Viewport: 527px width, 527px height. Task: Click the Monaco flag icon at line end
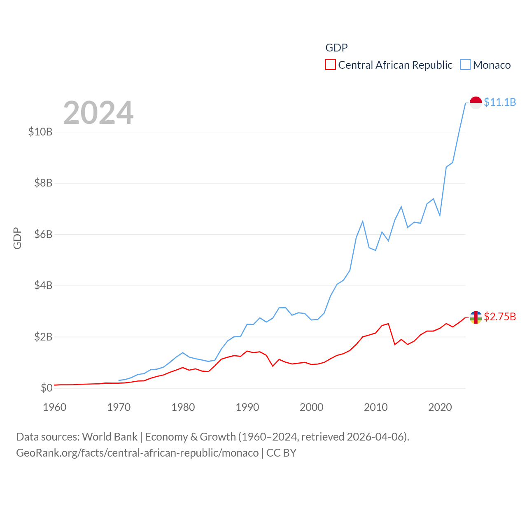click(x=476, y=103)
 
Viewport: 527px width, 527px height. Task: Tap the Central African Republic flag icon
click(x=476, y=317)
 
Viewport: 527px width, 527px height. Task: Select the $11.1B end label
click(x=500, y=102)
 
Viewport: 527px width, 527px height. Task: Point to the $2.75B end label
click(x=500, y=317)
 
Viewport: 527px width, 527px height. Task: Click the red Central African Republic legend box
click(x=330, y=65)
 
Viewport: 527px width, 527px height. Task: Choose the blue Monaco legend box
click(x=465, y=65)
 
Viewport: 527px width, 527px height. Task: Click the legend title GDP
click(x=336, y=48)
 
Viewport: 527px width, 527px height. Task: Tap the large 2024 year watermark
click(x=98, y=112)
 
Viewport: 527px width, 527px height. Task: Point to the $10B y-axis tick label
click(x=40, y=132)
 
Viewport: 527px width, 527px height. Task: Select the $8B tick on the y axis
click(x=43, y=183)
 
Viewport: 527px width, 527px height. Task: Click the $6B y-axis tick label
click(x=43, y=234)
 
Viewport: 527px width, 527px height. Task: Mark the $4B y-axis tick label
click(x=43, y=285)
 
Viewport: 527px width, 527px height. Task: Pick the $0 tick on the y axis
click(x=47, y=388)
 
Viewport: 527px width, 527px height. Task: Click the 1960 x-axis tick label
click(x=55, y=407)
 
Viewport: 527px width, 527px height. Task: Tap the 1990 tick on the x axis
click(x=247, y=407)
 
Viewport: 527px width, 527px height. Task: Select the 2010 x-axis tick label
click(x=376, y=407)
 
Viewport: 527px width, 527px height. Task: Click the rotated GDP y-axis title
click(x=17, y=238)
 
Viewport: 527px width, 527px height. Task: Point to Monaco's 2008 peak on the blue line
click(x=363, y=222)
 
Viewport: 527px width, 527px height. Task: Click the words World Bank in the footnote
click(x=110, y=437)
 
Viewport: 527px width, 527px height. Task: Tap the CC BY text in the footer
click(x=281, y=453)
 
